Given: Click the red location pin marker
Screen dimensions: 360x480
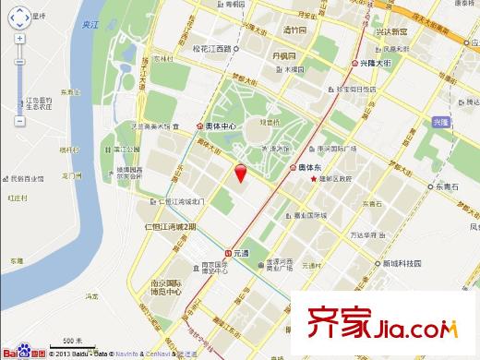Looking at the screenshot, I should [241, 174].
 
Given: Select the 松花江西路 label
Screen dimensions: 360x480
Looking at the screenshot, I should [214, 49].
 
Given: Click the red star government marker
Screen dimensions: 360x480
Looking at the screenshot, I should [316, 179].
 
